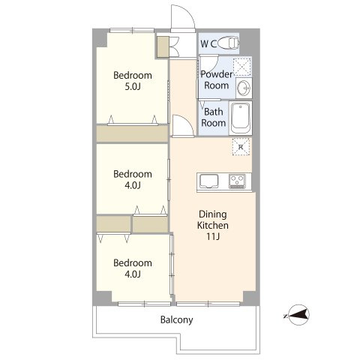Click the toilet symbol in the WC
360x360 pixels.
click(x=228, y=43)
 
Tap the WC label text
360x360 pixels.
click(x=208, y=44)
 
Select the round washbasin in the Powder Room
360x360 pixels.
click(x=244, y=88)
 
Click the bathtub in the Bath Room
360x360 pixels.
click(x=240, y=118)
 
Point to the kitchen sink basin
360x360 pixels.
click(x=208, y=181)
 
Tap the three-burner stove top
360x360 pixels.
click(x=237, y=181)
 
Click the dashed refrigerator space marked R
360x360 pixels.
click(x=241, y=147)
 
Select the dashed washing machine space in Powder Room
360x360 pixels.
click(x=242, y=67)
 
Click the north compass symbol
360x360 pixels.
click(x=298, y=315)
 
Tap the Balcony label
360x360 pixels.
click(x=176, y=320)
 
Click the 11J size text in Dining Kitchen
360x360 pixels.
click(x=213, y=236)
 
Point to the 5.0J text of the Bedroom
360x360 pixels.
click(x=133, y=87)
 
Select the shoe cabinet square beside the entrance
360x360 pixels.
click(x=163, y=46)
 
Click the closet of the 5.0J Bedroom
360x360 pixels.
click(x=132, y=133)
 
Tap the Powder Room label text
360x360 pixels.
click(x=216, y=79)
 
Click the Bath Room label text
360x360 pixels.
click(x=213, y=117)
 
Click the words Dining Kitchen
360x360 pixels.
click(x=213, y=220)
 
